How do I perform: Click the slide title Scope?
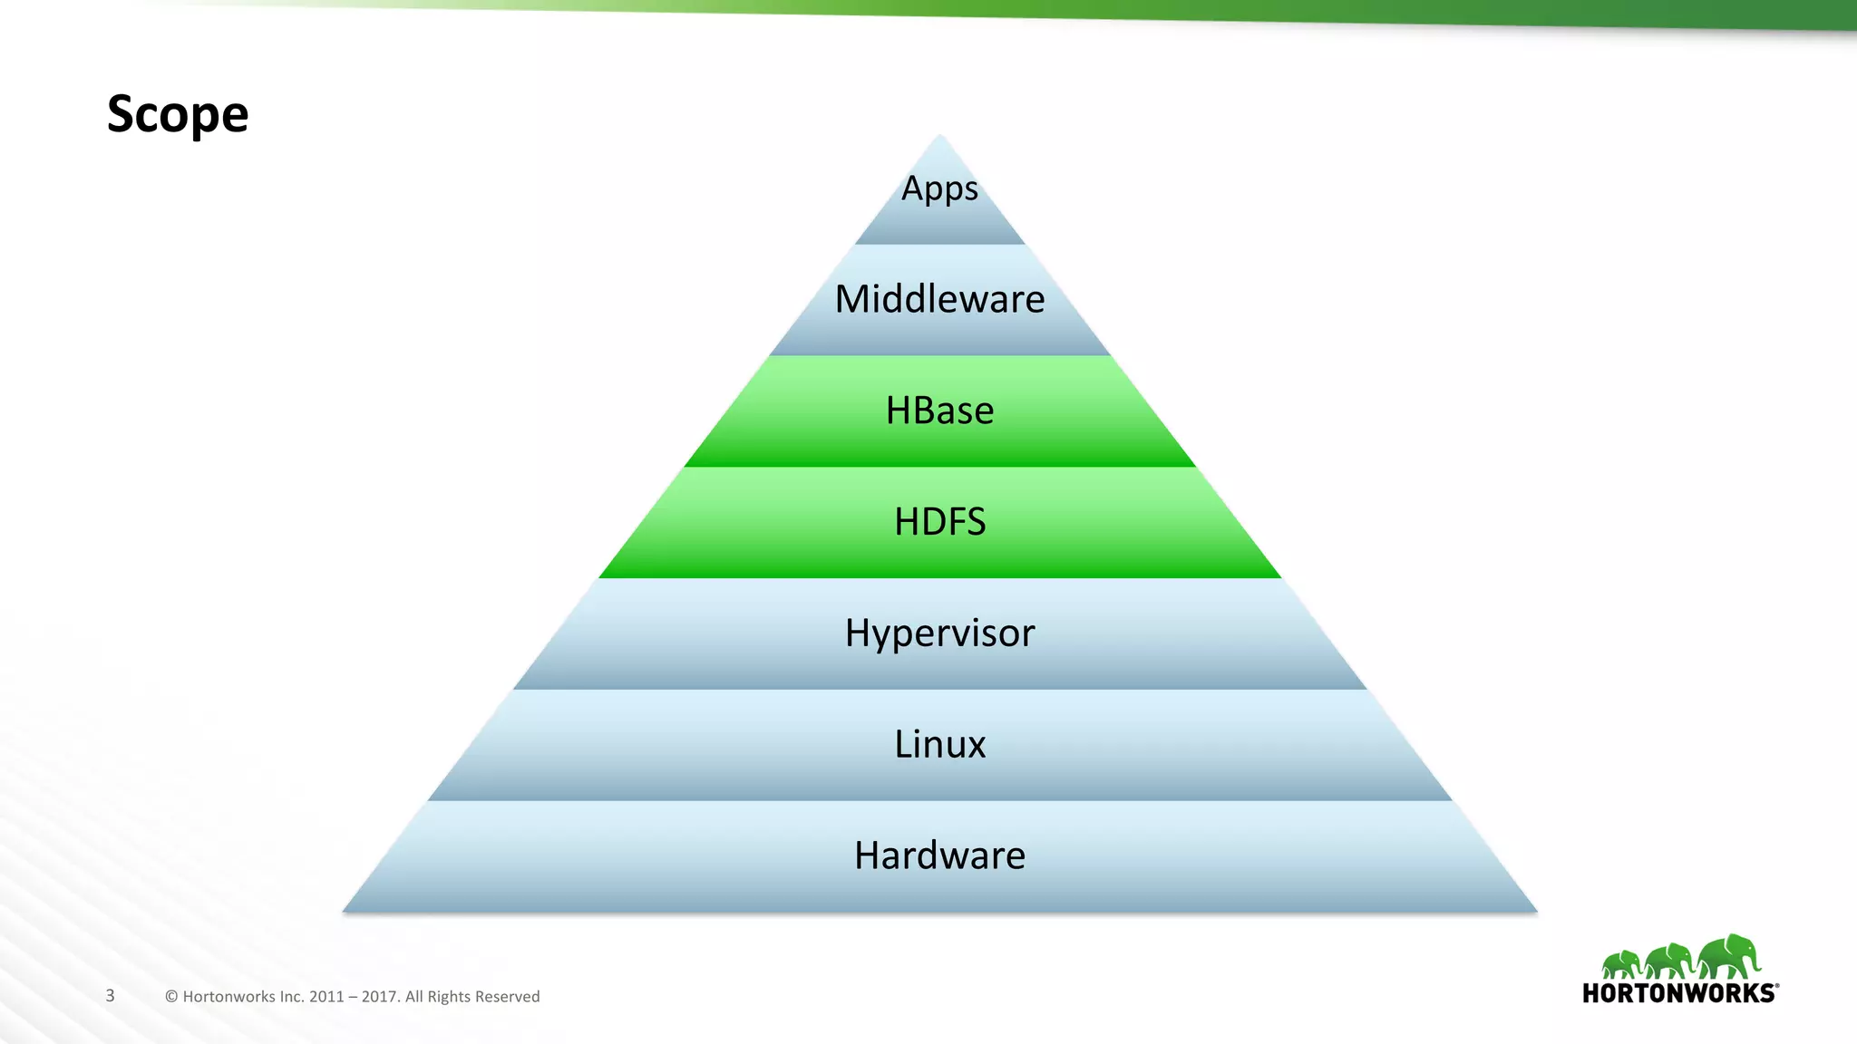point(178,114)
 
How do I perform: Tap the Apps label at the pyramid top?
point(939,188)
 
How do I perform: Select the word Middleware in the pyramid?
point(939,299)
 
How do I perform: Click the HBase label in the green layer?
point(939,411)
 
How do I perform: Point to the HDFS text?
point(939,522)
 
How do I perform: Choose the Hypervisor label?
point(939,633)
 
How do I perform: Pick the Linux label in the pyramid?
point(939,744)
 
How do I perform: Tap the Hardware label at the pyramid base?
point(939,855)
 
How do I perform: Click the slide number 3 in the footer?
point(111,996)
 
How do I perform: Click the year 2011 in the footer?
point(326,997)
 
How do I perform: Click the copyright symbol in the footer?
point(171,997)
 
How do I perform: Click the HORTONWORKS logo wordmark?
point(1679,993)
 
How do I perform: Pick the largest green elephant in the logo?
point(1730,957)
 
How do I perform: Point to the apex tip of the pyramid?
point(940,137)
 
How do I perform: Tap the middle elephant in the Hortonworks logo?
point(1670,961)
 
